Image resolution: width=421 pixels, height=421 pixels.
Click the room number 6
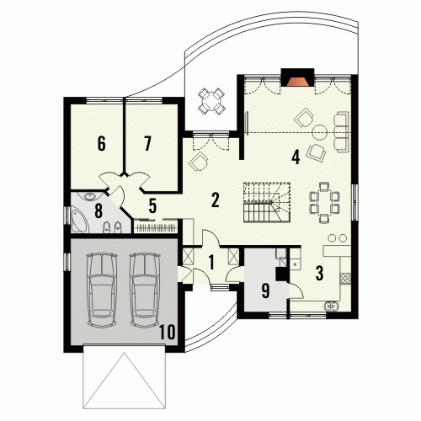click(102, 143)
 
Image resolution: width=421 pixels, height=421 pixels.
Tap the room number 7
click(147, 143)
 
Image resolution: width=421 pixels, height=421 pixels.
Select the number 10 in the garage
click(168, 332)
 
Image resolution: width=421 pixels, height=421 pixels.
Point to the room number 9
click(265, 290)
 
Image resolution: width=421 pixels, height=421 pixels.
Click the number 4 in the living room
click(296, 157)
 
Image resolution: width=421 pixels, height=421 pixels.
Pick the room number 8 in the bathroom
click(99, 210)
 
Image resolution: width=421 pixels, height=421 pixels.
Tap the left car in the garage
click(102, 290)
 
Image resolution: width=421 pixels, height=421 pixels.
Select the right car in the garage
click(145, 290)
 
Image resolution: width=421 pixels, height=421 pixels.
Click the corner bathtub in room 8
click(79, 221)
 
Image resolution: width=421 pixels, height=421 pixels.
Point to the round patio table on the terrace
click(211, 101)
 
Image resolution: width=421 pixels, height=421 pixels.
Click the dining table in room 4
click(324, 202)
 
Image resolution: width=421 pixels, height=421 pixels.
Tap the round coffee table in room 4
click(320, 132)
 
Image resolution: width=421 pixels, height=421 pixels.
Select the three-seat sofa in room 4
click(342, 131)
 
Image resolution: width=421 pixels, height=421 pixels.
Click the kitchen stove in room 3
click(345, 278)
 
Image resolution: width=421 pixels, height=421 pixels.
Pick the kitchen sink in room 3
click(332, 306)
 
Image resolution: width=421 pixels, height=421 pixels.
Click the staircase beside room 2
click(267, 202)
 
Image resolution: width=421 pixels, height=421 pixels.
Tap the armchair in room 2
click(199, 161)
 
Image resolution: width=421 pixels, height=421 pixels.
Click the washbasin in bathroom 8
click(89, 196)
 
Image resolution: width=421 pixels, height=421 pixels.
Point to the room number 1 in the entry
click(211, 263)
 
